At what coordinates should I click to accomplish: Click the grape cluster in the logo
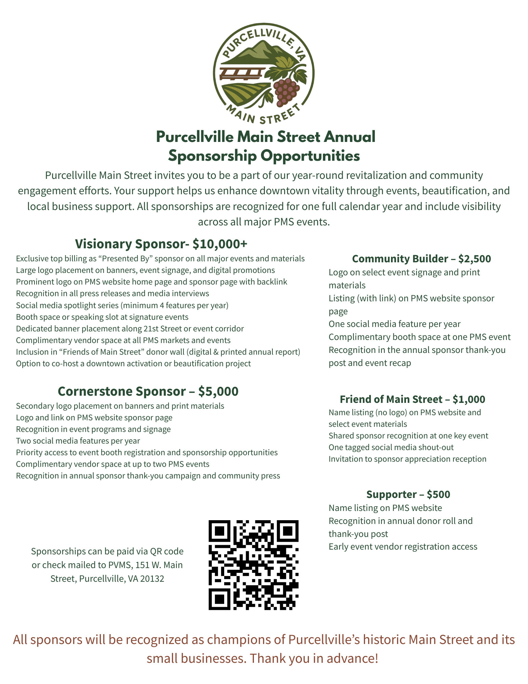click(x=285, y=91)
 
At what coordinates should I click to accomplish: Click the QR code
click(x=253, y=565)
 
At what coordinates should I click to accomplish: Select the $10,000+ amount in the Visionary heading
click(x=219, y=244)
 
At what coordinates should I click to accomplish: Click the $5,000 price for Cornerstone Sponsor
click(x=218, y=391)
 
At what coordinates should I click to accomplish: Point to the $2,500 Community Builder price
click(x=474, y=259)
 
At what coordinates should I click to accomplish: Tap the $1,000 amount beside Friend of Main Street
click(x=469, y=399)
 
